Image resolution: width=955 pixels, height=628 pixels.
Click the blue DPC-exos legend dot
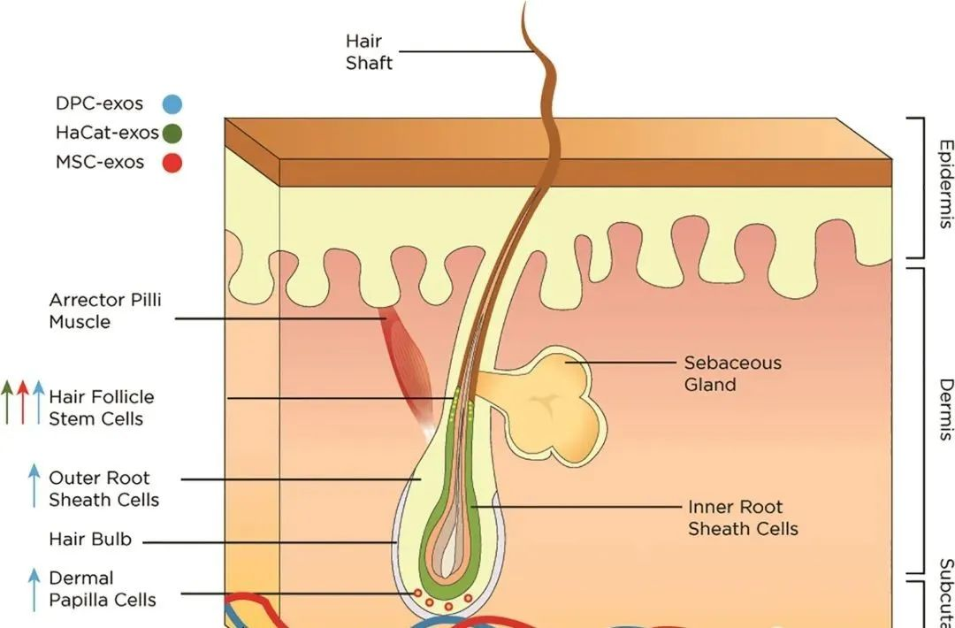click(x=172, y=104)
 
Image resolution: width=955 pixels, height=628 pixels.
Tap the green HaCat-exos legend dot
click(x=172, y=134)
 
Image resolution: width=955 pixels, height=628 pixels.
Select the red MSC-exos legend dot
click(x=172, y=163)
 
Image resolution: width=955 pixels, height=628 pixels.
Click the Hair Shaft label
click(x=369, y=52)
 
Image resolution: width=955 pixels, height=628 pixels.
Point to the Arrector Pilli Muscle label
click(x=105, y=310)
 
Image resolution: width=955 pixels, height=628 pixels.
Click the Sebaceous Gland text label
click(x=732, y=373)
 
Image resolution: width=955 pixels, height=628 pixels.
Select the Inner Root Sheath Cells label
click(x=743, y=518)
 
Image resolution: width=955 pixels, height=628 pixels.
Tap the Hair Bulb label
click(x=89, y=539)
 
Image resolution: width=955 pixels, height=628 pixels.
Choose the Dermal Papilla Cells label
click(x=102, y=589)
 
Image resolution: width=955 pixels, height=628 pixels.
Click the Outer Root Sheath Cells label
click(x=103, y=489)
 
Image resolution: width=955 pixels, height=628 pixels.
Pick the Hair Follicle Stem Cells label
click(x=101, y=408)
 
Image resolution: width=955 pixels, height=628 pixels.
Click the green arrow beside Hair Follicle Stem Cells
click(x=7, y=402)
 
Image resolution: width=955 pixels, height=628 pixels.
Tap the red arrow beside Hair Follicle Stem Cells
click(x=23, y=402)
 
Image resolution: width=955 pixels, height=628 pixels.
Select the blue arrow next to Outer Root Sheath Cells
click(x=34, y=486)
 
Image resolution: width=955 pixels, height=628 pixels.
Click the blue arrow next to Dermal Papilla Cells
click(x=34, y=589)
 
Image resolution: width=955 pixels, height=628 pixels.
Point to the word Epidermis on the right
click(x=945, y=184)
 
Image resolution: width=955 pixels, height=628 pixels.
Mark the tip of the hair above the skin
click(x=525, y=7)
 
